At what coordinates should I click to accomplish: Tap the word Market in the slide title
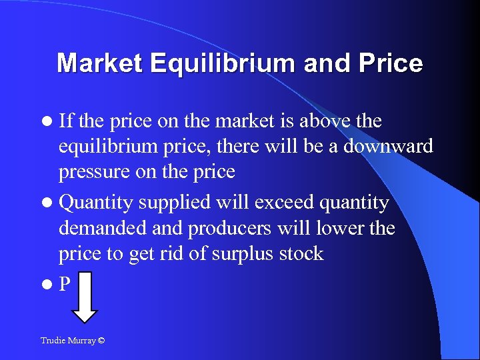(x=99, y=63)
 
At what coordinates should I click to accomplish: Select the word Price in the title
(x=391, y=63)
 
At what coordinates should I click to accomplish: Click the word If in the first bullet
(x=67, y=121)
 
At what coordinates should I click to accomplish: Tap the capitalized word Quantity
(x=99, y=203)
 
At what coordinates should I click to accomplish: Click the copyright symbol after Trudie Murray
(x=101, y=341)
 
